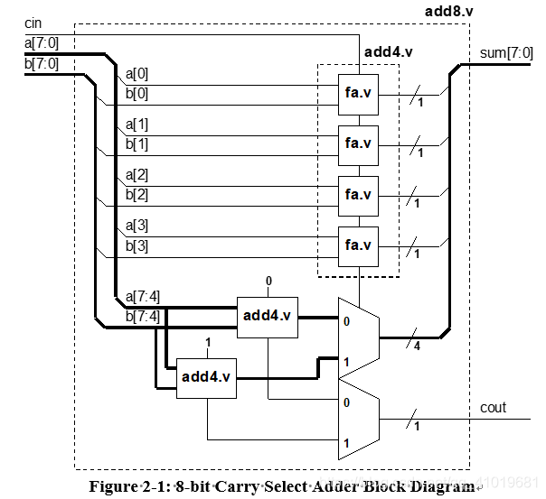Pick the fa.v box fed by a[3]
358,245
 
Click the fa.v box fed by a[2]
358,194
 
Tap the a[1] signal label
137,125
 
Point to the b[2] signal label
137,194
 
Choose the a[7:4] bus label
143,296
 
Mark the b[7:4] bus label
143,315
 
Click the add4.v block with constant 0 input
268,316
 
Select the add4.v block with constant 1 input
207,376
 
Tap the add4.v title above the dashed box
388,51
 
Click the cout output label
494,408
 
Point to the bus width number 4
417,348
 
